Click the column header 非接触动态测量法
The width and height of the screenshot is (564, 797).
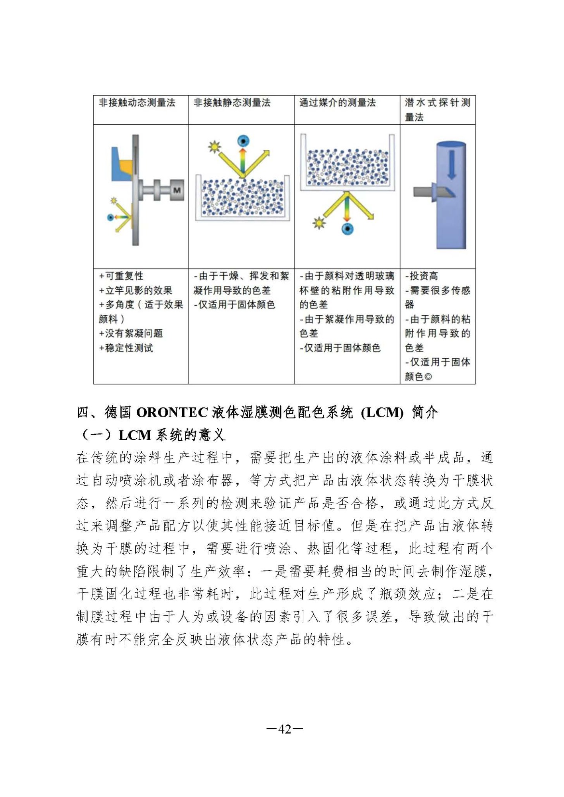[x=137, y=103]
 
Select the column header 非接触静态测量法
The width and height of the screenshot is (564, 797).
[x=232, y=103]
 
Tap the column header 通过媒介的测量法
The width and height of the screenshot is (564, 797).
[x=337, y=103]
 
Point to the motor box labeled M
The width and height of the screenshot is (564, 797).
[x=177, y=190]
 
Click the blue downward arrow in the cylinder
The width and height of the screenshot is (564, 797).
[x=452, y=164]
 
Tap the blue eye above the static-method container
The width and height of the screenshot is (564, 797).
[x=243, y=140]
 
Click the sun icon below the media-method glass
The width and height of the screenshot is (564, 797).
[x=318, y=223]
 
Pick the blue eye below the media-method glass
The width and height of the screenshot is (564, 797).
[x=347, y=228]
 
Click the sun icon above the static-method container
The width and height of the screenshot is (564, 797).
[x=214, y=147]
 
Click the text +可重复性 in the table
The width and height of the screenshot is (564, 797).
[x=121, y=276]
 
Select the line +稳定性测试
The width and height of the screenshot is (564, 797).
[x=126, y=348]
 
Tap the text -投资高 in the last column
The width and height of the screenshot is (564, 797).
[x=421, y=276]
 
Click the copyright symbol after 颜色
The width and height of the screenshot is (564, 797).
[x=428, y=377]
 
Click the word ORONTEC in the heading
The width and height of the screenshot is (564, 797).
[x=172, y=412]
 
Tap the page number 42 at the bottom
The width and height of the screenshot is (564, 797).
[x=285, y=729]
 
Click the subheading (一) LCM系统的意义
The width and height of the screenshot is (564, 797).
[x=152, y=435]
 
